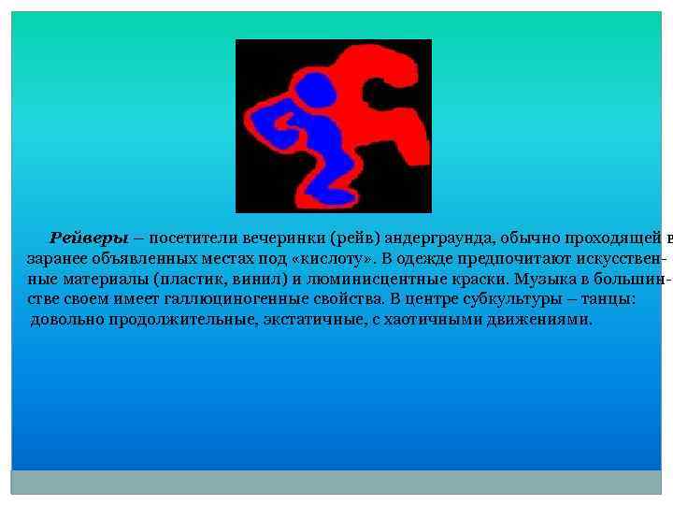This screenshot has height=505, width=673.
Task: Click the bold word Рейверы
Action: [89, 237]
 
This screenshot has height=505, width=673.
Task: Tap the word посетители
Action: [193, 237]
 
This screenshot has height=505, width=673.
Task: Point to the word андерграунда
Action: [437, 237]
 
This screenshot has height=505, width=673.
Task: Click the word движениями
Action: [545, 319]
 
